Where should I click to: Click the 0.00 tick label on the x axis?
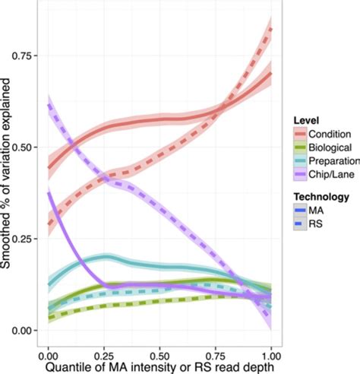47,354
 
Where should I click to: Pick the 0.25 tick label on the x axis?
103,354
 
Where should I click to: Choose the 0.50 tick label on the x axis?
159,354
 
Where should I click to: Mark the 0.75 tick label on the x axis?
216,354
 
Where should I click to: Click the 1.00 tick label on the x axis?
271,354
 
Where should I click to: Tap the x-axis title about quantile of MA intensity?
159,366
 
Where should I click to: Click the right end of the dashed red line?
271,29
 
